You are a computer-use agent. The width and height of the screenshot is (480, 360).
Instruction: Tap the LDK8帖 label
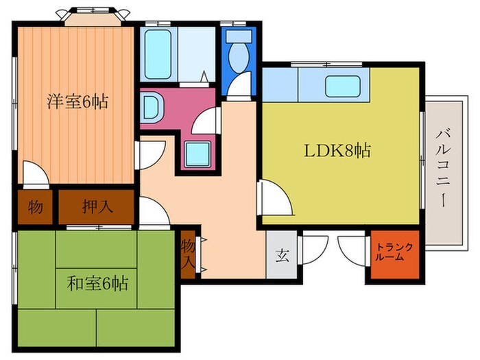pyautogui.click(x=337, y=151)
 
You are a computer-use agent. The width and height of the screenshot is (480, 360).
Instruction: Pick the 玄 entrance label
pyautogui.click(x=281, y=257)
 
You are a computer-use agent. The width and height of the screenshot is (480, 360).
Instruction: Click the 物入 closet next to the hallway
pyautogui.click(x=189, y=253)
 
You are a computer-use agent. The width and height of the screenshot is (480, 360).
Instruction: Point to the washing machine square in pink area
pyautogui.click(x=199, y=152)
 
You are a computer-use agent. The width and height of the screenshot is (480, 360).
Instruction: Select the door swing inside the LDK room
pyautogui.click(x=274, y=199)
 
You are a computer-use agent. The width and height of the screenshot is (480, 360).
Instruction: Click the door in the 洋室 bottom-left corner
pyautogui.click(x=34, y=173)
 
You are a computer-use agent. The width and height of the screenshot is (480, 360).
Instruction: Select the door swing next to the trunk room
pyautogui.click(x=352, y=247)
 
